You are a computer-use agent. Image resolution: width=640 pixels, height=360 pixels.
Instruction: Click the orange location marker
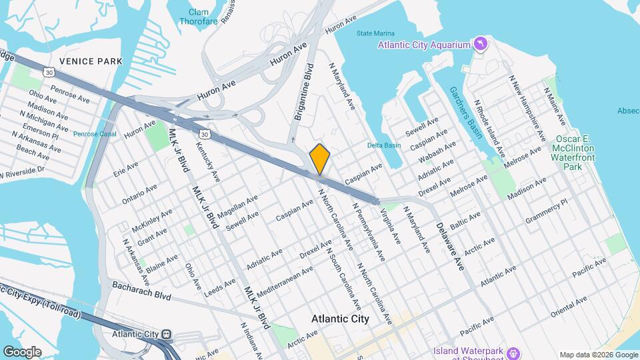[320, 159]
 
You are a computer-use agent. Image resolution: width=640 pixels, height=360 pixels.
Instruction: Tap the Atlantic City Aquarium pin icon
[480, 45]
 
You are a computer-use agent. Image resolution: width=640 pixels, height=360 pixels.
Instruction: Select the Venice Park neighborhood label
[91, 61]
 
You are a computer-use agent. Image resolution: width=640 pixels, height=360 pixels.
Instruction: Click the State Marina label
[375, 33]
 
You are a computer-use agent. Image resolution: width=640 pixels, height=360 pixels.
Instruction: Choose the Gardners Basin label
[465, 112]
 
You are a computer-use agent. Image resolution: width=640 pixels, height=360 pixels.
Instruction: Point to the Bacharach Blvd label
[132, 290]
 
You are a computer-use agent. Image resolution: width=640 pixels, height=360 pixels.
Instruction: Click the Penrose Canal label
[95, 134]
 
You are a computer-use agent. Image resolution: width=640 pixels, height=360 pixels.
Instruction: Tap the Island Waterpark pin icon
[513, 351]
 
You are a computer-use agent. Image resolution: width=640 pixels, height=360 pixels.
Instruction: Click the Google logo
[21, 352]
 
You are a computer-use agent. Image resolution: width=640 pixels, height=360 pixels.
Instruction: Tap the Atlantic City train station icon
[165, 334]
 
